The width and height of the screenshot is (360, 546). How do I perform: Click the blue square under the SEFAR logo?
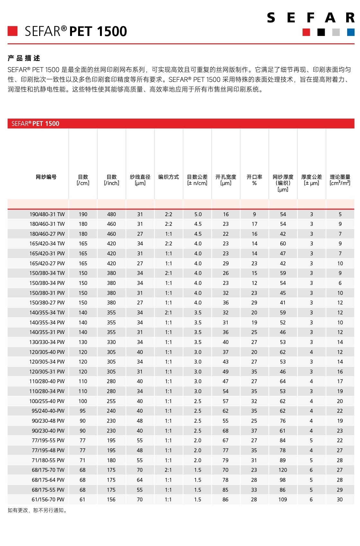(x=351, y=32)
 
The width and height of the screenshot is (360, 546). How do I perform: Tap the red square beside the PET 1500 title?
(x=13, y=31)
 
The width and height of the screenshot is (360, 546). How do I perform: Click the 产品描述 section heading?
(x=24, y=58)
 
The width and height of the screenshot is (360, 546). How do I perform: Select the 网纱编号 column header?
(x=46, y=177)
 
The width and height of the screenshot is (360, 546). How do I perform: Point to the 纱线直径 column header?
(x=140, y=180)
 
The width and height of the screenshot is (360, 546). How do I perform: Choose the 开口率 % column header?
(x=254, y=180)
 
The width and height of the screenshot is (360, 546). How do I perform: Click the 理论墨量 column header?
(x=340, y=180)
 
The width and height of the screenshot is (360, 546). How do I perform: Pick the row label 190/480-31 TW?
(x=47, y=214)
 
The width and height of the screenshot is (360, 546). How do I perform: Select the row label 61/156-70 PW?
(x=48, y=499)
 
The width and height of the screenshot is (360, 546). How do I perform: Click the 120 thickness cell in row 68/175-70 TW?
(x=283, y=470)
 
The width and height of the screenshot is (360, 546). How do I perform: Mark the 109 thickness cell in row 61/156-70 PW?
(x=283, y=499)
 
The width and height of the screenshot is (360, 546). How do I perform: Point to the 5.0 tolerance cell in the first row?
(x=198, y=214)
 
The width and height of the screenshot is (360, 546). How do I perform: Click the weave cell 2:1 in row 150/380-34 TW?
(x=168, y=273)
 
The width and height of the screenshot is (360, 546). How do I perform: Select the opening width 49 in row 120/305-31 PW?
(x=226, y=372)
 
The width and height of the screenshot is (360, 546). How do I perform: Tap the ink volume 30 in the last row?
(x=340, y=499)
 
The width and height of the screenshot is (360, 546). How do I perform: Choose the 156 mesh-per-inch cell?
(x=111, y=499)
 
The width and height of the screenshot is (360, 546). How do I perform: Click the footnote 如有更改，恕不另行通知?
(x=38, y=510)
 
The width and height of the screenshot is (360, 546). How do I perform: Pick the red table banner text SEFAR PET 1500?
(x=35, y=124)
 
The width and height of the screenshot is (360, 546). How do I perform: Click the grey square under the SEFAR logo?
(x=336, y=32)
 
